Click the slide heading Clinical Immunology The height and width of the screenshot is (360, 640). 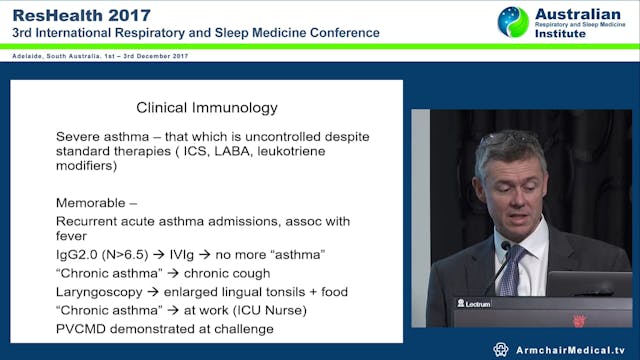pyautogui.click(x=207, y=107)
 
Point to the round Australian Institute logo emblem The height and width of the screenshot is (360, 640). pyautogui.click(x=514, y=22)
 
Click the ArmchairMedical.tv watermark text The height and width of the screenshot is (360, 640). pyautogui.click(x=571, y=349)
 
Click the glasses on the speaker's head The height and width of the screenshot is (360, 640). pyautogui.click(x=511, y=136)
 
